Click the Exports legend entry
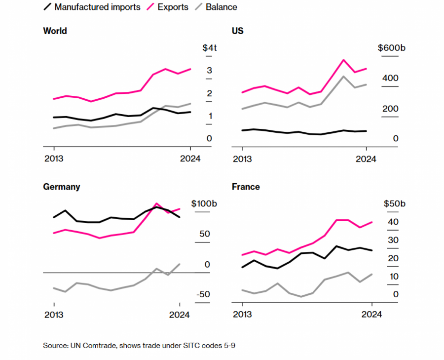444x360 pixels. point(173,7)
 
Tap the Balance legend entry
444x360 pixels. point(222,7)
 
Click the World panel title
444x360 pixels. point(55,31)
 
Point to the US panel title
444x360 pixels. point(237,31)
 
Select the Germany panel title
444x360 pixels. point(62,187)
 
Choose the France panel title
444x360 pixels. point(246,187)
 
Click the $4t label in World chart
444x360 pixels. point(209,48)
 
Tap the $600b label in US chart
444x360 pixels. point(391,48)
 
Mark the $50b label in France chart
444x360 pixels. point(395,204)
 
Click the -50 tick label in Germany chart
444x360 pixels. point(203,294)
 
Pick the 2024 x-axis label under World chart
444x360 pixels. point(189,159)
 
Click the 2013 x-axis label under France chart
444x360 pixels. point(242,315)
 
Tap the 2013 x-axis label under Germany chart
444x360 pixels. point(53,315)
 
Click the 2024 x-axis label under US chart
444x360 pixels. point(366,159)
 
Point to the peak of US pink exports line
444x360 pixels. point(343,60)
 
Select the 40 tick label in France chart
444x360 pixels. point(393,222)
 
